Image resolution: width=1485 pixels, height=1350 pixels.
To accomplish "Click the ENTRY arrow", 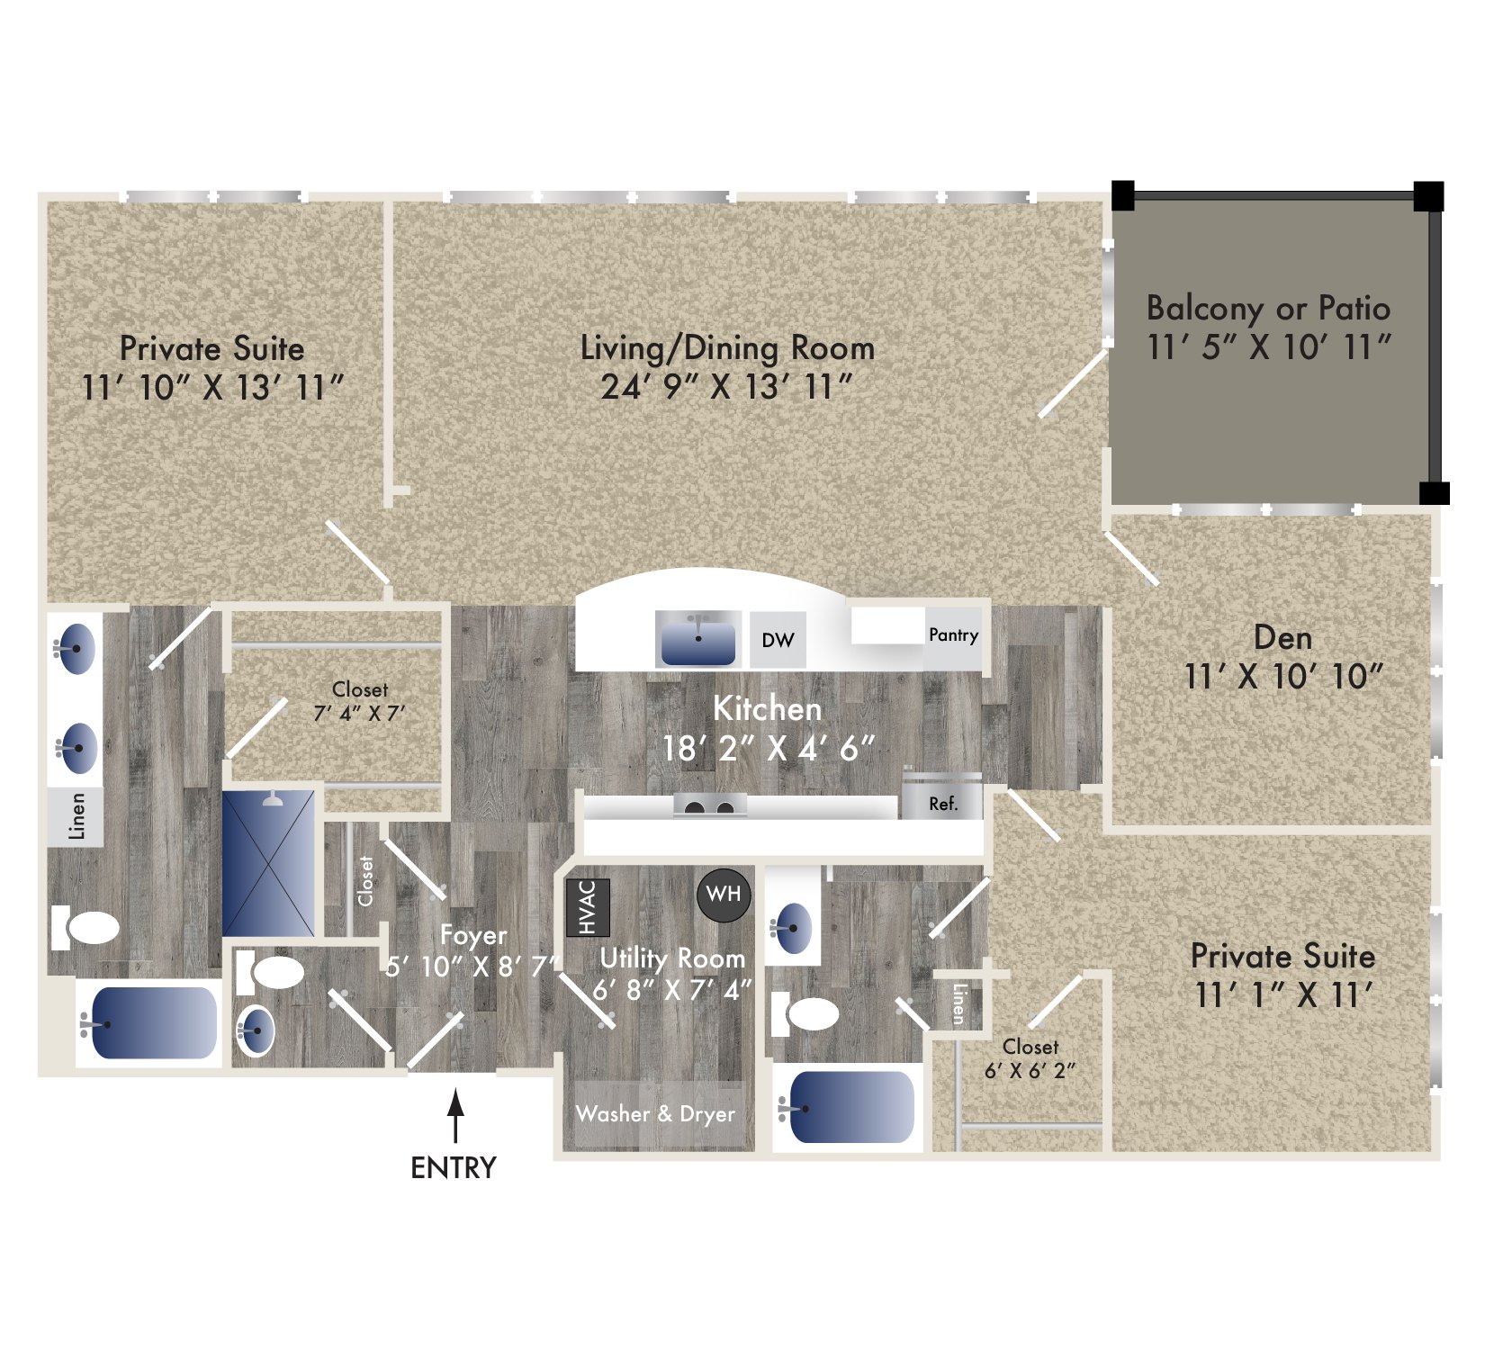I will [x=456, y=1115].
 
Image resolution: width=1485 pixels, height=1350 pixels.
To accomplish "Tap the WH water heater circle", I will [x=724, y=895].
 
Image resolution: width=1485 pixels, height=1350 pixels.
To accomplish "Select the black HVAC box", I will [x=588, y=907].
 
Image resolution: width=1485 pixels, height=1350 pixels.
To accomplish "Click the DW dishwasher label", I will [x=778, y=640].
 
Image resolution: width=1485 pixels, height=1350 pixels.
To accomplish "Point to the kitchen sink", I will [x=697, y=639].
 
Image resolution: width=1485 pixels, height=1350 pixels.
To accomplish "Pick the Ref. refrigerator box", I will [x=942, y=804].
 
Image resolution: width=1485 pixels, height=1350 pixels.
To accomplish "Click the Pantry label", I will [x=953, y=635].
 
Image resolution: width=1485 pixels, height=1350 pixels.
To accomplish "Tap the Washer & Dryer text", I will [x=655, y=1114].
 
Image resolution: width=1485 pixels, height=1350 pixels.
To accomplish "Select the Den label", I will [x=1282, y=638].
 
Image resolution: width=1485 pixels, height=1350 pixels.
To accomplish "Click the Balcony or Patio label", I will [x=1268, y=309].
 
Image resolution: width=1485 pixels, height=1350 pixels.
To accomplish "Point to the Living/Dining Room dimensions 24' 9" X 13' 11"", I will [x=726, y=388].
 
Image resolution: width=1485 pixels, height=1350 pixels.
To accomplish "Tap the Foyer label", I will [x=473, y=935].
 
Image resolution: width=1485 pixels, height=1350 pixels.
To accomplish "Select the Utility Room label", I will [x=672, y=958].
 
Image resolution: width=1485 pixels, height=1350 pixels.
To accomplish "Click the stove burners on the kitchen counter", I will [x=709, y=805].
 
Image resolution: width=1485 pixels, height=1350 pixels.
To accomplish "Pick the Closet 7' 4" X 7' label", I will [x=359, y=701].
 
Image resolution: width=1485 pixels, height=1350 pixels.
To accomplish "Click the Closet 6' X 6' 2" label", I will [x=1030, y=1058].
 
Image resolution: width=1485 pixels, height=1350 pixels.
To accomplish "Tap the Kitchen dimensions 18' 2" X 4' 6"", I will [x=768, y=748].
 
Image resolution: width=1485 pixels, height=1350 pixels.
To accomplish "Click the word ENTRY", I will [x=454, y=1168].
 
